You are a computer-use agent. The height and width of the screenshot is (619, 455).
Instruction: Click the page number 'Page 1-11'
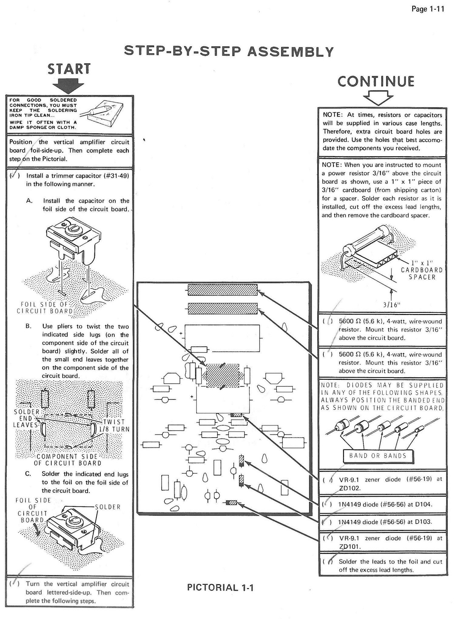pos(428,9)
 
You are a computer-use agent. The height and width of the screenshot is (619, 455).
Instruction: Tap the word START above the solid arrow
pos(69,69)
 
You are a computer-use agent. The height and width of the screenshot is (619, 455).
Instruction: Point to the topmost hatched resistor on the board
pos(222,290)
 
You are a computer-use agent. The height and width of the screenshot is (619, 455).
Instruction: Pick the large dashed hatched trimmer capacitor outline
pos(223,376)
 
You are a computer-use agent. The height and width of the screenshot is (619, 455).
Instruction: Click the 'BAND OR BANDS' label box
pos(378,455)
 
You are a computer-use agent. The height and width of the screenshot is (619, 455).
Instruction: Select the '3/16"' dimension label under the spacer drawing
pos(391,305)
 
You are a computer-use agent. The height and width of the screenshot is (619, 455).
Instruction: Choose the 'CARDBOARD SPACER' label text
pos(422,273)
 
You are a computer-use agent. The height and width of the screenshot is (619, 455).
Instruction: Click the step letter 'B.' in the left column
pos(29,326)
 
